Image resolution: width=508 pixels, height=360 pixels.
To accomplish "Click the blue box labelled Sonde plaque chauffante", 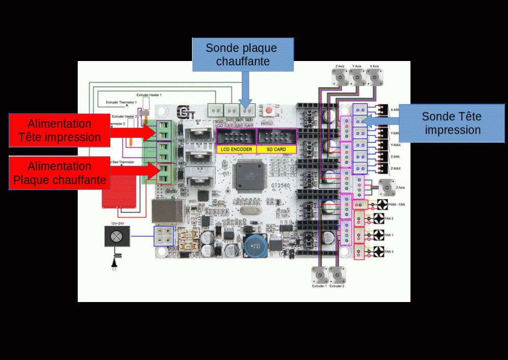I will [x=243, y=54].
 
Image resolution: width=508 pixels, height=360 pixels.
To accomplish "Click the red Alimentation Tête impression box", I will [x=59, y=130].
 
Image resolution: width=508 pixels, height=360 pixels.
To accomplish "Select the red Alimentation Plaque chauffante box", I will [x=59, y=173].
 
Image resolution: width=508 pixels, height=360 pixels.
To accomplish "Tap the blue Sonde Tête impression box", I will [x=452, y=123].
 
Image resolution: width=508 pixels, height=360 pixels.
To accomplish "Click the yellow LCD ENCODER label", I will [x=236, y=149].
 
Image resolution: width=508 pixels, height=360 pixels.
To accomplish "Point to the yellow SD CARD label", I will [x=276, y=149].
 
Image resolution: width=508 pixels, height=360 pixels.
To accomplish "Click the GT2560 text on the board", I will [x=280, y=186].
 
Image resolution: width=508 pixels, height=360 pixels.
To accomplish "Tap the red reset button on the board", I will [x=268, y=110].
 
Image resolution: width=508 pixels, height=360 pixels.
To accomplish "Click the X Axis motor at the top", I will [x=375, y=77].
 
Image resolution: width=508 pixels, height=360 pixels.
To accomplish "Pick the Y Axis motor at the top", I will [x=357, y=77].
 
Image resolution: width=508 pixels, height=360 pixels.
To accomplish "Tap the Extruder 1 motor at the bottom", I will [x=319, y=275].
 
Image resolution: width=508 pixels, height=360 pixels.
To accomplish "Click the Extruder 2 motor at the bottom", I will [x=337, y=275].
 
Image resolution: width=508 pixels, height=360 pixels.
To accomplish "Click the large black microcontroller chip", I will [x=249, y=175].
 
